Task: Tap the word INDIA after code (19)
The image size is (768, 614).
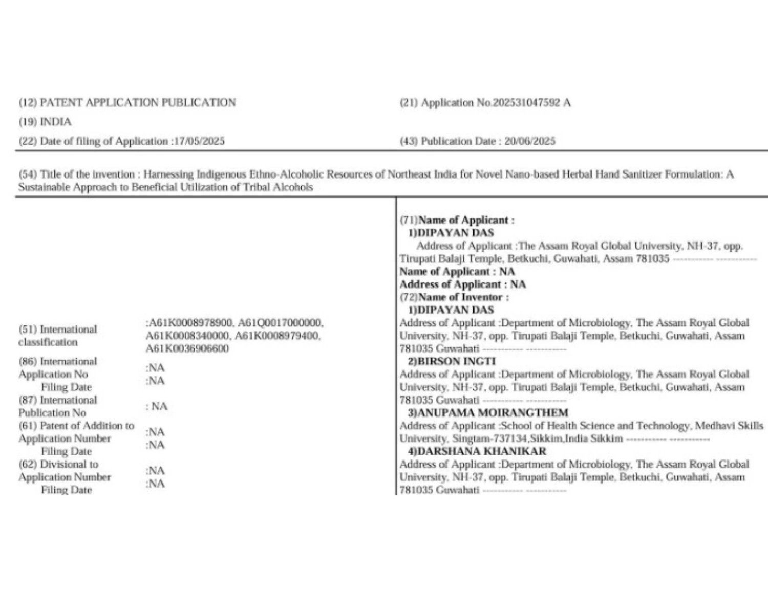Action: tap(56, 122)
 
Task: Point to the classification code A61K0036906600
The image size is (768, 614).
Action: tap(187, 349)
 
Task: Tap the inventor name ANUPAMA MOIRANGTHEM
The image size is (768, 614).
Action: tap(493, 413)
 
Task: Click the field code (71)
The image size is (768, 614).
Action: tap(409, 221)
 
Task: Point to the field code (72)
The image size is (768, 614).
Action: tap(409, 297)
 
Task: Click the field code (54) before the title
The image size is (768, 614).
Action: tap(28, 174)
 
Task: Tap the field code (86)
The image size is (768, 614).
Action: tap(28, 362)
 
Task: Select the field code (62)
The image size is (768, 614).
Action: tap(28, 465)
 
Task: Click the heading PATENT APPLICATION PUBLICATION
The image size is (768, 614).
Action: tap(138, 103)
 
